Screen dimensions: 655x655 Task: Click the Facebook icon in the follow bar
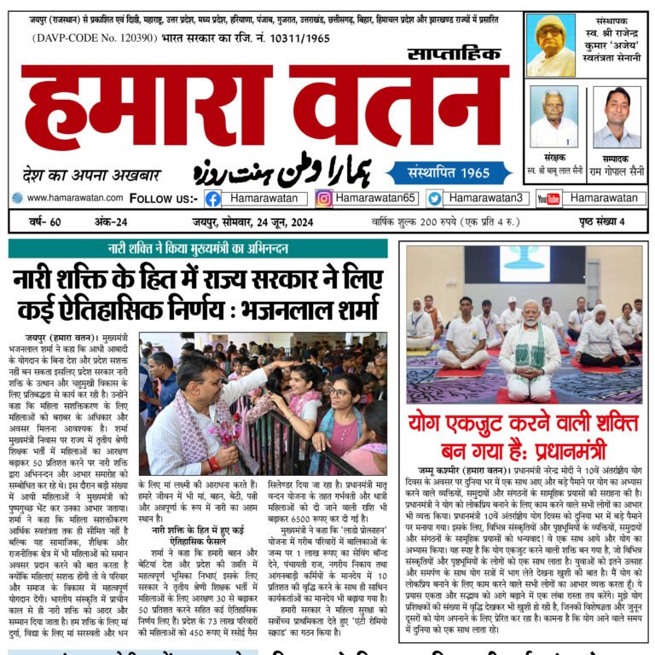click(212, 198)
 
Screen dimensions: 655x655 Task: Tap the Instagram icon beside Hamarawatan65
click(324, 198)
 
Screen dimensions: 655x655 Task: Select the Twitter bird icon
click(435, 198)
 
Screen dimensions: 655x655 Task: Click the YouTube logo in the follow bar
click(548, 198)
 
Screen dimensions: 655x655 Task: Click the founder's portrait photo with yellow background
click(550, 44)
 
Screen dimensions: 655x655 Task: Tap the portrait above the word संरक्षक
click(554, 117)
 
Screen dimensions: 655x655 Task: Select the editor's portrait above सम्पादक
click(617, 117)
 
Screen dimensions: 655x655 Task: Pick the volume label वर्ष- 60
click(43, 223)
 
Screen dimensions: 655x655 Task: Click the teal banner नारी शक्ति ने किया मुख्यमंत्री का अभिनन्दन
click(197, 249)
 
